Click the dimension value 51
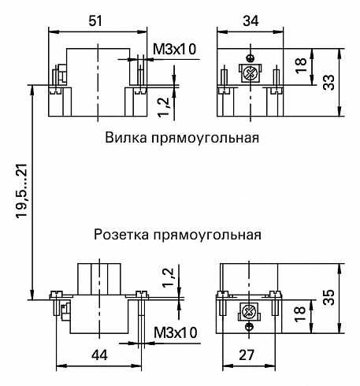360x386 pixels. coord(95,20)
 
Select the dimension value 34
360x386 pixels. coord(251,20)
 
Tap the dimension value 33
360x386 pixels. coord(328,83)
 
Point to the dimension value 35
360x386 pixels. coord(328,297)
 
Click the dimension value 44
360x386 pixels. coord(99,355)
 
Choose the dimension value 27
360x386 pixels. coord(247,355)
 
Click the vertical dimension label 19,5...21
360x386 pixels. coord(22,191)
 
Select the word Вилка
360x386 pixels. coord(126,138)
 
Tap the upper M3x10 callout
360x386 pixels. coord(175,49)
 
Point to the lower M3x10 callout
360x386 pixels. coord(176,333)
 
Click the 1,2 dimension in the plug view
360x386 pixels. coord(164,106)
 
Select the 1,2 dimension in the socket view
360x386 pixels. coord(169,277)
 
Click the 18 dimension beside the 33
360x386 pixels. coord(301,65)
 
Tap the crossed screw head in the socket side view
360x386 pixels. coord(249,312)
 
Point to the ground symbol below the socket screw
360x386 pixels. coord(249,326)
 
